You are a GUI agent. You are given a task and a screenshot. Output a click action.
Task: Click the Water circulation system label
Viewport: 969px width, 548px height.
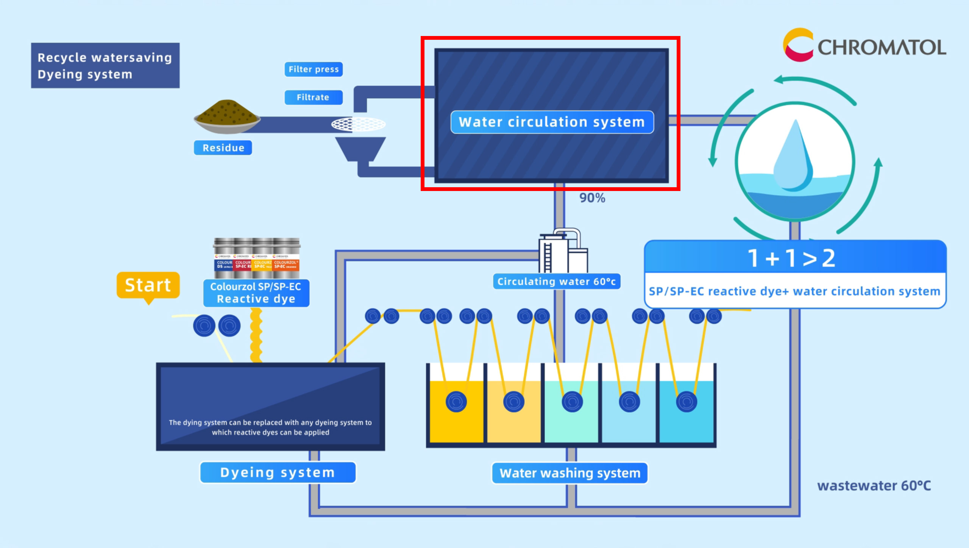[552, 122]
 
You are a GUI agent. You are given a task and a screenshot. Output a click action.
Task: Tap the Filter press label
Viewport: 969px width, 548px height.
[314, 69]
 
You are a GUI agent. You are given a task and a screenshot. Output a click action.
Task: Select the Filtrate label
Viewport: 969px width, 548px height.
[313, 97]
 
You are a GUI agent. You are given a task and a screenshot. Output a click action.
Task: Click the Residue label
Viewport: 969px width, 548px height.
[223, 148]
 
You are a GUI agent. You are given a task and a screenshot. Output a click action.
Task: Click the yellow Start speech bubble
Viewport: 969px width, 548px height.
[148, 285]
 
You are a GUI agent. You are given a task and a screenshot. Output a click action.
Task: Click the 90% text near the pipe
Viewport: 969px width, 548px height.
[592, 198]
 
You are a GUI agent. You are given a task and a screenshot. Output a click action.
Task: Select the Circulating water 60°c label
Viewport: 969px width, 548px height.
[556, 282]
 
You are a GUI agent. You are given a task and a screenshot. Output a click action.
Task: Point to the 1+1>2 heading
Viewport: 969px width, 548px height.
[792, 258]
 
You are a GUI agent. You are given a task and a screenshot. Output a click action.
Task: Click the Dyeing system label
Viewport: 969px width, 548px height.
[278, 473]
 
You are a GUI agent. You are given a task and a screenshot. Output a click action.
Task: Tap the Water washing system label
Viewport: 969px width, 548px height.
[570, 473]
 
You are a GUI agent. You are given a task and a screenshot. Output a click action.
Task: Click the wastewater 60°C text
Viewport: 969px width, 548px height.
[874, 485]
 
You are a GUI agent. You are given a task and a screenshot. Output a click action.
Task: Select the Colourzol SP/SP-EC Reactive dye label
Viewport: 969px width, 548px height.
[256, 293]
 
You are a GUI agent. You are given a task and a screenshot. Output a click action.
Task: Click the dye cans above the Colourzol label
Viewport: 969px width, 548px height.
[257, 254]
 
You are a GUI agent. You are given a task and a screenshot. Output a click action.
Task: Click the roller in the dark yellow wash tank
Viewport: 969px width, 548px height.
[456, 401]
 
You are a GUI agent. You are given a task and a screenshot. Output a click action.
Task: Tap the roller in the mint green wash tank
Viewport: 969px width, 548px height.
[572, 401]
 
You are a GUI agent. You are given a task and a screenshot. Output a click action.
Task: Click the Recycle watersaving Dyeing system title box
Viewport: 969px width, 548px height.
[105, 66]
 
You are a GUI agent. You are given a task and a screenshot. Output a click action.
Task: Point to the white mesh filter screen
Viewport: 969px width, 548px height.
[358, 124]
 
